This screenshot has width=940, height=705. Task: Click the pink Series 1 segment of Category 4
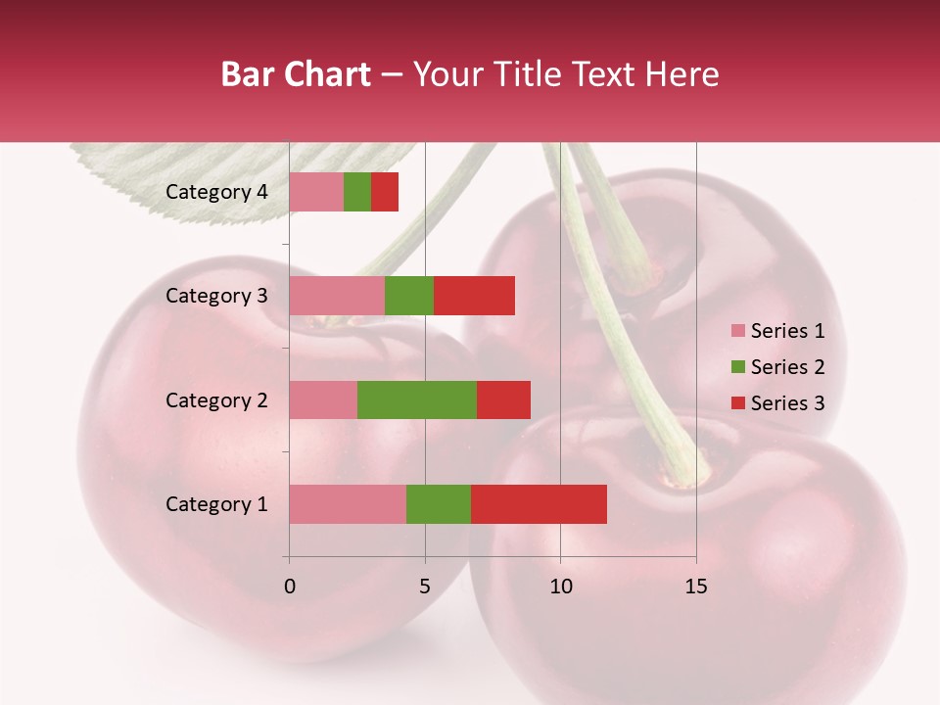click(x=316, y=192)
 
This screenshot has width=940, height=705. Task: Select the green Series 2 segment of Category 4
click(x=357, y=192)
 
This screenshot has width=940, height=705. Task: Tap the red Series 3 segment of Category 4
click(x=385, y=192)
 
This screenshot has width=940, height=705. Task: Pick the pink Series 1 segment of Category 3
click(x=337, y=296)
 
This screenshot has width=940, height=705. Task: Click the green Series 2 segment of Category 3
click(x=409, y=296)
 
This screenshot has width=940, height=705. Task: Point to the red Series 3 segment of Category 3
click(x=474, y=296)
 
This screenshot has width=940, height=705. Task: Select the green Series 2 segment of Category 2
click(x=417, y=399)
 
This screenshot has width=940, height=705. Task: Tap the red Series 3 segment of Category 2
click(x=503, y=399)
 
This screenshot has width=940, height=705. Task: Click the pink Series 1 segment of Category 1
click(x=348, y=504)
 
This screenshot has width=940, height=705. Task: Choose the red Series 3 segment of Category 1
click(x=539, y=504)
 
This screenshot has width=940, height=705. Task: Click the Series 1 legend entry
click(x=777, y=331)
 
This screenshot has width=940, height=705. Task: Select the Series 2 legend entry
click(x=777, y=367)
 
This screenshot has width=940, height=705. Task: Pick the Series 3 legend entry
click(x=777, y=403)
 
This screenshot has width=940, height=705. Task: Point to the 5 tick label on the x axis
click(x=425, y=587)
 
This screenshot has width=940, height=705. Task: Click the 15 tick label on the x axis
click(x=695, y=587)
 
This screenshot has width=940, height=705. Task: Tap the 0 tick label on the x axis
click(x=290, y=587)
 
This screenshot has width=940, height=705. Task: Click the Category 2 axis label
click(x=216, y=399)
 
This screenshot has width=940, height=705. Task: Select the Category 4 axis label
click(x=216, y=192)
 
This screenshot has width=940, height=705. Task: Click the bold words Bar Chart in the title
click(x=296, y=74)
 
